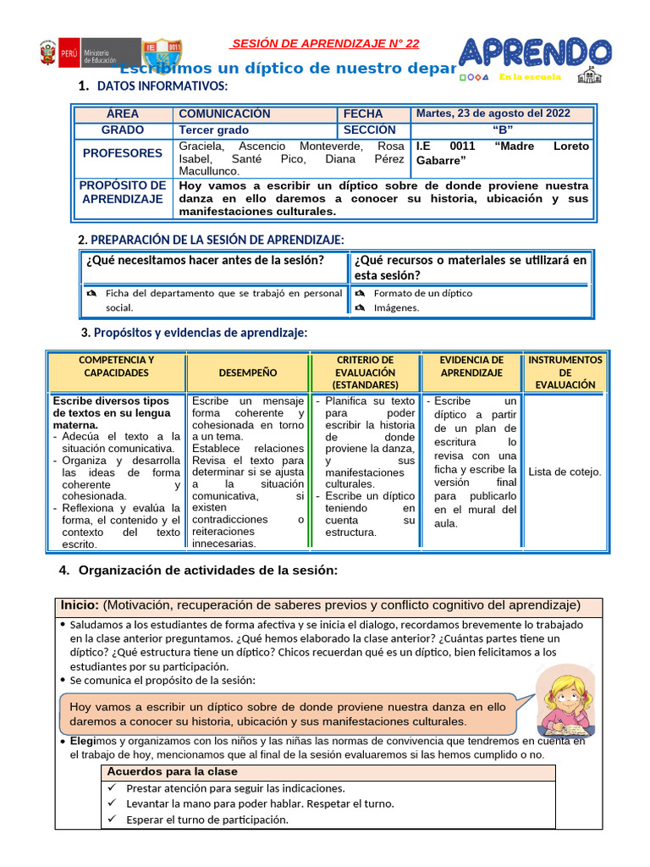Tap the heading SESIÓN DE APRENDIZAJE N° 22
tap(325, 43)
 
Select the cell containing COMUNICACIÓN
tap(224, 113)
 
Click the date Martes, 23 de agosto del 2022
tap(493, 113)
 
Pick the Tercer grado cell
tap(213, 130)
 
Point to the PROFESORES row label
tap(123, 153)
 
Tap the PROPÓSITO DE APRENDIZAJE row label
tap(123, 192)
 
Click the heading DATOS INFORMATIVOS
tap(162, 86)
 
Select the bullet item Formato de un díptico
tap(423, 293)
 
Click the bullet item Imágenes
tap(396, 307)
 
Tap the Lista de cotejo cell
tap(565, 472)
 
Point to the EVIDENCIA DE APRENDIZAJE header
tap(471, 367)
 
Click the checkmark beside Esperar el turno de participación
tap(113, 820)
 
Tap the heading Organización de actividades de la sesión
tap(207, 571)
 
